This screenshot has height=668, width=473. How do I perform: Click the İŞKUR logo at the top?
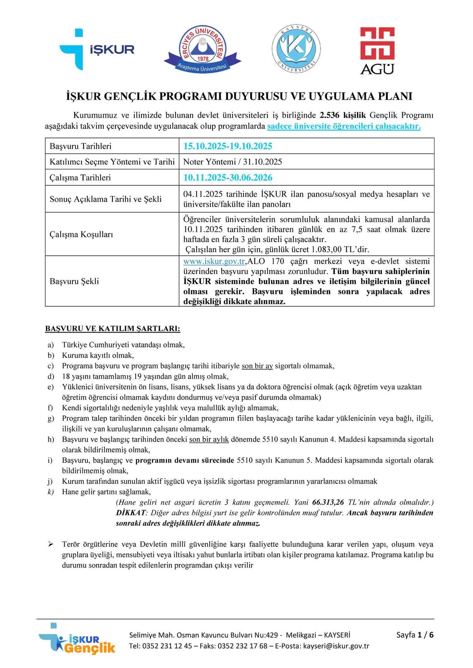point(97,49)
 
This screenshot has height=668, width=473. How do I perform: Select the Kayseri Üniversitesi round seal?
point(296,49)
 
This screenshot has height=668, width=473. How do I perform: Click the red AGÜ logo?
point(377,51)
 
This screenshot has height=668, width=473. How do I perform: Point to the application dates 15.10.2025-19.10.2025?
point(228,146)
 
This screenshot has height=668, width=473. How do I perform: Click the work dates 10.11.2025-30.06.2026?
point(228,178)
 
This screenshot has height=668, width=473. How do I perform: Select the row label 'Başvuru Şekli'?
point(74,281)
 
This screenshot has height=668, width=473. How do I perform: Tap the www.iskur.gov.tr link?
point(214,261)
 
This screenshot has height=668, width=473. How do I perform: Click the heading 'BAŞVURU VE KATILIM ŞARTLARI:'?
point(113,328)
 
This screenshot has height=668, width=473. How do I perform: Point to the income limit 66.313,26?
point(328,502)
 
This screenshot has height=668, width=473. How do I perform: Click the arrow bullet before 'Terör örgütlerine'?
point(50,544)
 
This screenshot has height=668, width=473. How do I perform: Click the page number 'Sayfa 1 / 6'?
point(415,635)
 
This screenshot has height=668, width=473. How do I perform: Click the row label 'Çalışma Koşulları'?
point(81,234)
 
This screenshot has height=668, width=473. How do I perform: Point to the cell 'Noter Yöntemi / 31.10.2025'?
point(233,162)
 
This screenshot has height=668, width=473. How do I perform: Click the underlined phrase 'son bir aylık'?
point(209,439)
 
